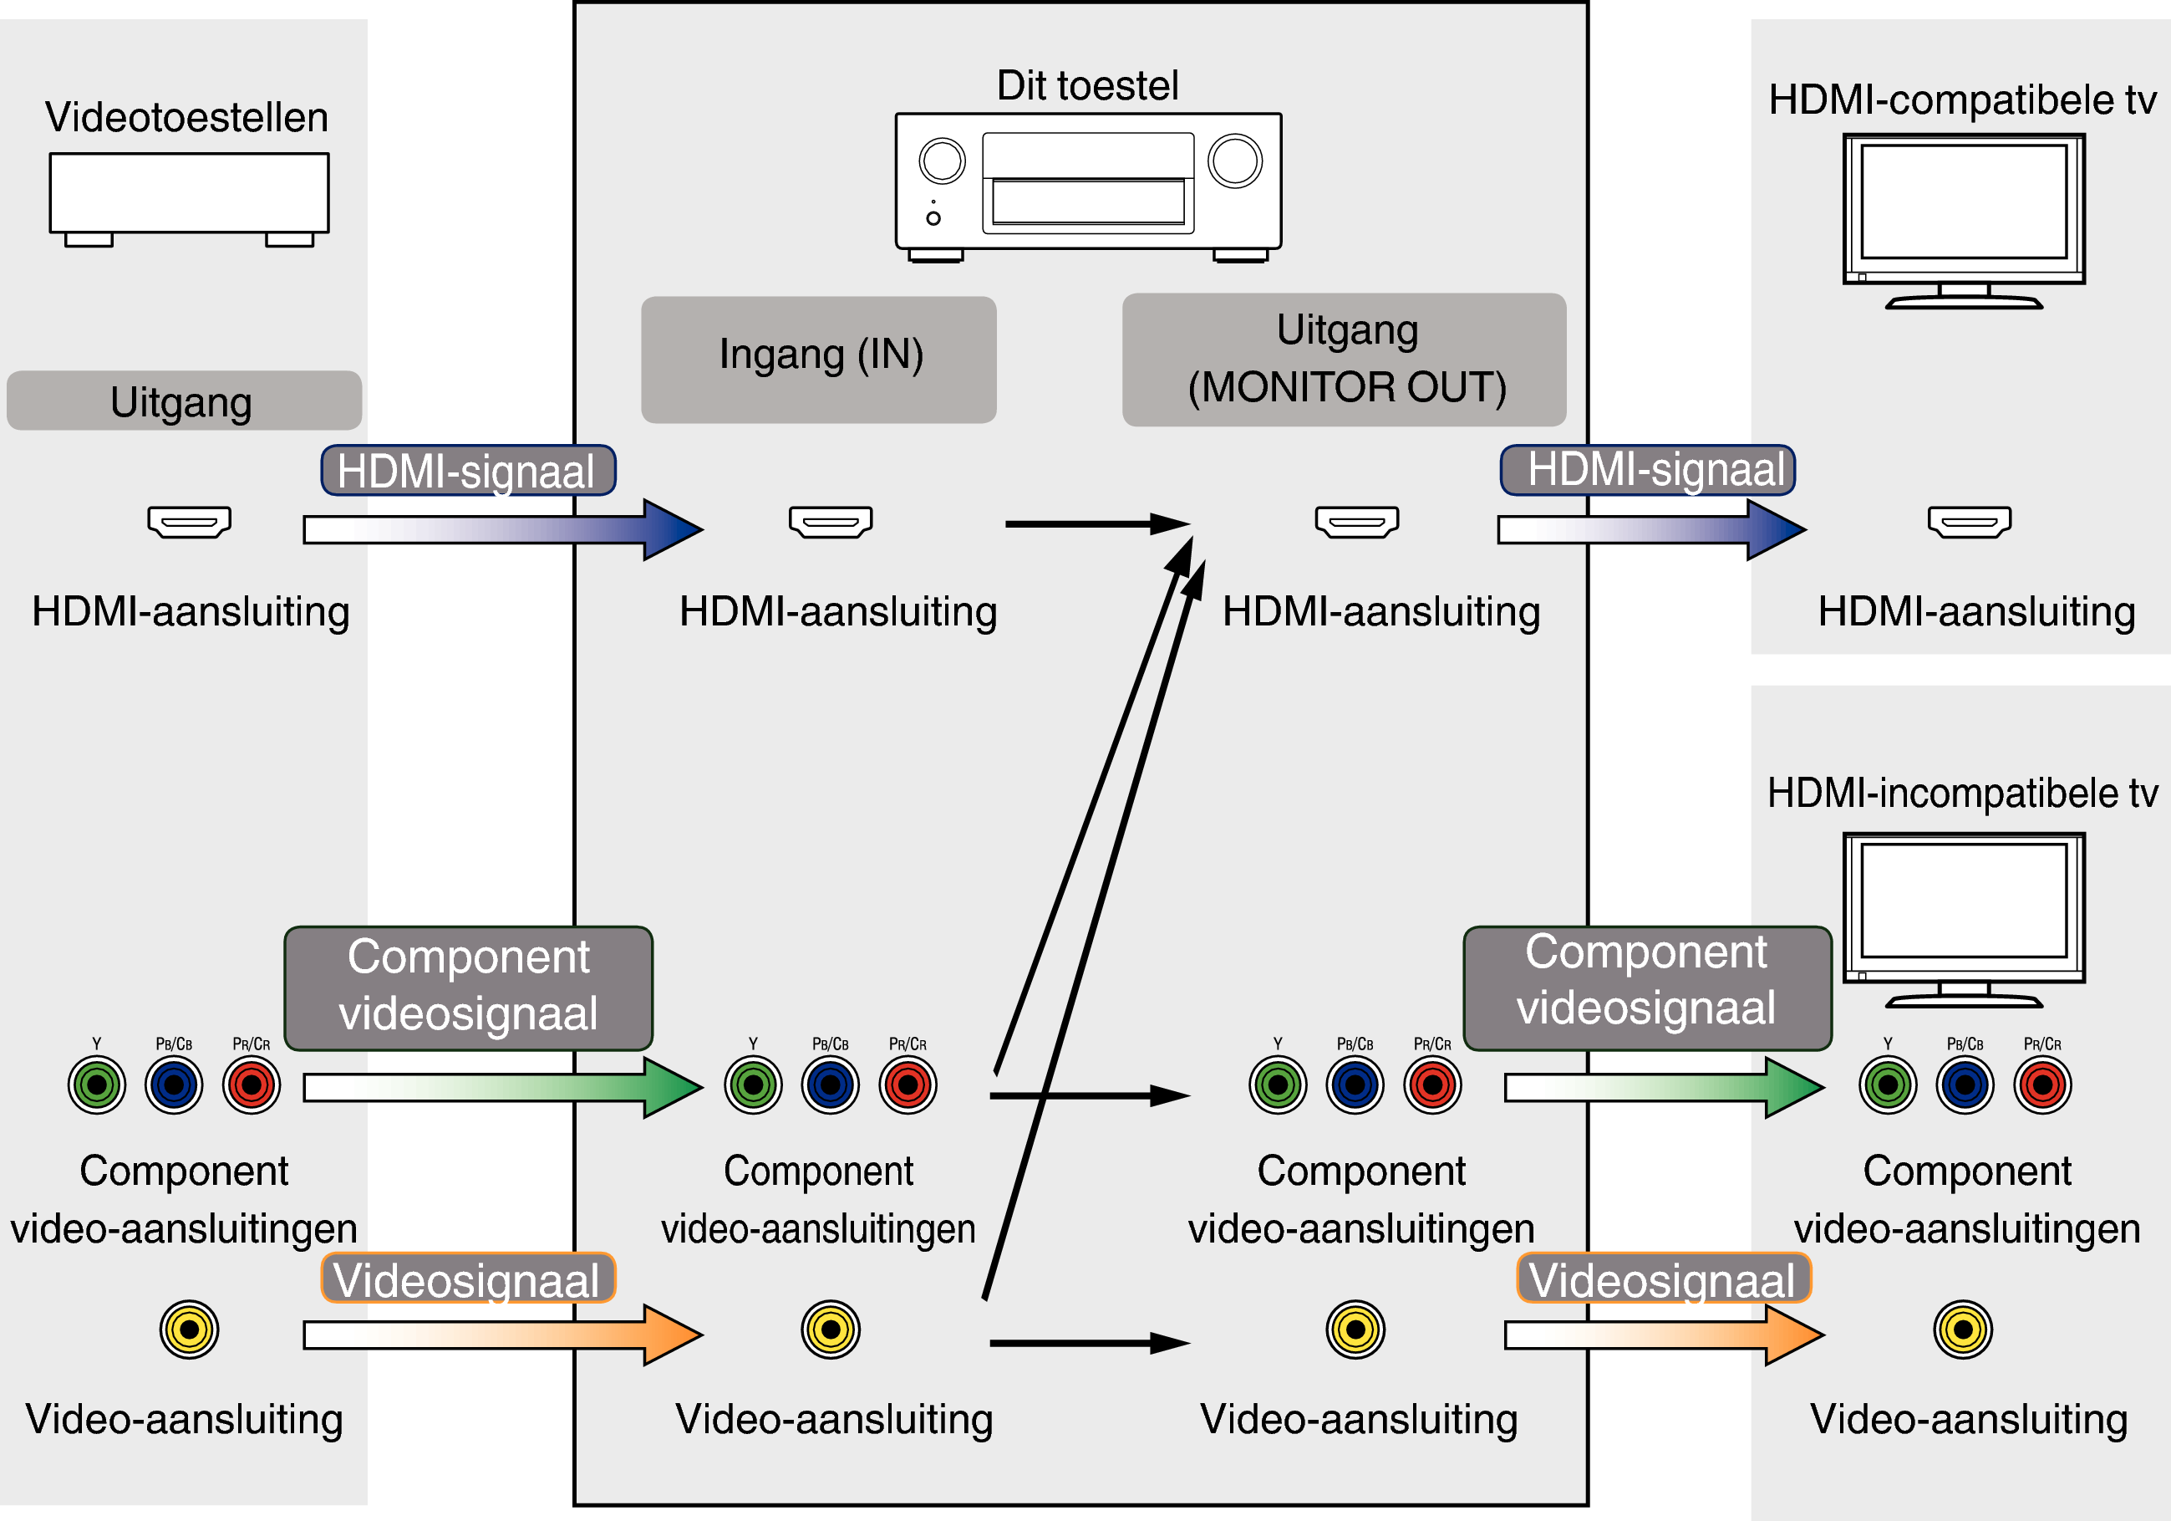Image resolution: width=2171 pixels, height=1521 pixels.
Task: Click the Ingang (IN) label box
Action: [819, 360]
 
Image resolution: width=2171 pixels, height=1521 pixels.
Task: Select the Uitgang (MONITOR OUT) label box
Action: [1344, 360]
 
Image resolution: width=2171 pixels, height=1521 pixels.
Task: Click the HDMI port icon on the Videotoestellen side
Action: [189, 521]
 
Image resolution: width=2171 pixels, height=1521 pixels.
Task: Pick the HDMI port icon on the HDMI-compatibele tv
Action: [1970, 521]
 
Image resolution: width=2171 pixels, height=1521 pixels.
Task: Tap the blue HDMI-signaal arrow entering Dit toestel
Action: [501, 529]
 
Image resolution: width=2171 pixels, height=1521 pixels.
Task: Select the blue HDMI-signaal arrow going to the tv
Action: [1650, 529]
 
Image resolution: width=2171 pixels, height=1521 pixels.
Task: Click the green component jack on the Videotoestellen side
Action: [96, 1085]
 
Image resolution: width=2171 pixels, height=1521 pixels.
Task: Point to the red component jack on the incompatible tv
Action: [2042, 1085]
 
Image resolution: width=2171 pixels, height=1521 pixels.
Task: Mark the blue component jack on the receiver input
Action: [830, 1085]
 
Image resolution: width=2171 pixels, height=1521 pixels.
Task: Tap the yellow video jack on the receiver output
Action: [1355, 1330]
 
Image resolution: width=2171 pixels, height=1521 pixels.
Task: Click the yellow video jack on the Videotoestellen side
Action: [189, 1330]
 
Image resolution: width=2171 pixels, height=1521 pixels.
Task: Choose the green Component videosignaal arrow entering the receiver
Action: [501, 1088]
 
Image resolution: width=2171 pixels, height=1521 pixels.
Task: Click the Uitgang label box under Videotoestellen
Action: [184, 401]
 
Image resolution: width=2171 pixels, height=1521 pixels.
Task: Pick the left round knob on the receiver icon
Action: [942, 161]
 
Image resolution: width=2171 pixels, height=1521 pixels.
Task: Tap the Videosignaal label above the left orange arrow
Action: [468, 1279]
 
